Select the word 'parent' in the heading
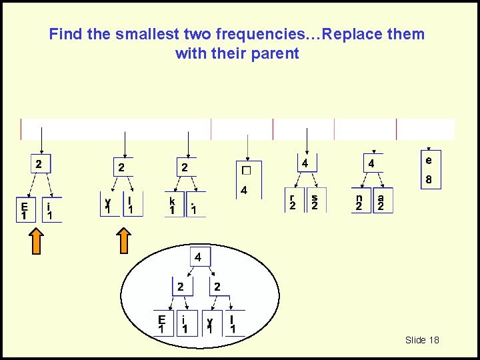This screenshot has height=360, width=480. tap(275, 53)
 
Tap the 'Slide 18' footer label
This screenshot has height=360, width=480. tap(422, 340)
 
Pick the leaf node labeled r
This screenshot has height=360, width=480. tap(291, 202)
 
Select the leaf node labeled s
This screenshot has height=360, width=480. tap(314, 202)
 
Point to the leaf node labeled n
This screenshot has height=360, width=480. tap(359, 202)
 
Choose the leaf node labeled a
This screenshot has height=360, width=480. tap(381, 202)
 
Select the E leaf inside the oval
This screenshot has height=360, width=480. tap(162, 324)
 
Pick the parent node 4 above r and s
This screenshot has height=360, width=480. tap(304, 163)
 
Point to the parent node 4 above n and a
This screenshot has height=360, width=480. tap(371, 163)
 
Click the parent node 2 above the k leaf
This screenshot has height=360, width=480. tap(185, 167)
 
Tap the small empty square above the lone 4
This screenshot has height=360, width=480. tap(247, 170)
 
